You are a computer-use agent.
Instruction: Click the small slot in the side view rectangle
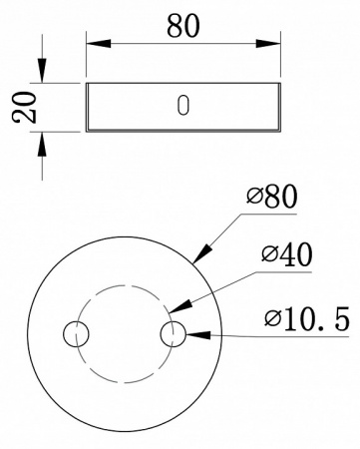click(181, 106)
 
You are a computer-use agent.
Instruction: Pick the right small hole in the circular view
click(175, 334)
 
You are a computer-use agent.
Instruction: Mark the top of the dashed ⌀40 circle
click(125, 286)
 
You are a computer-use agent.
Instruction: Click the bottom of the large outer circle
click(125, 432)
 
